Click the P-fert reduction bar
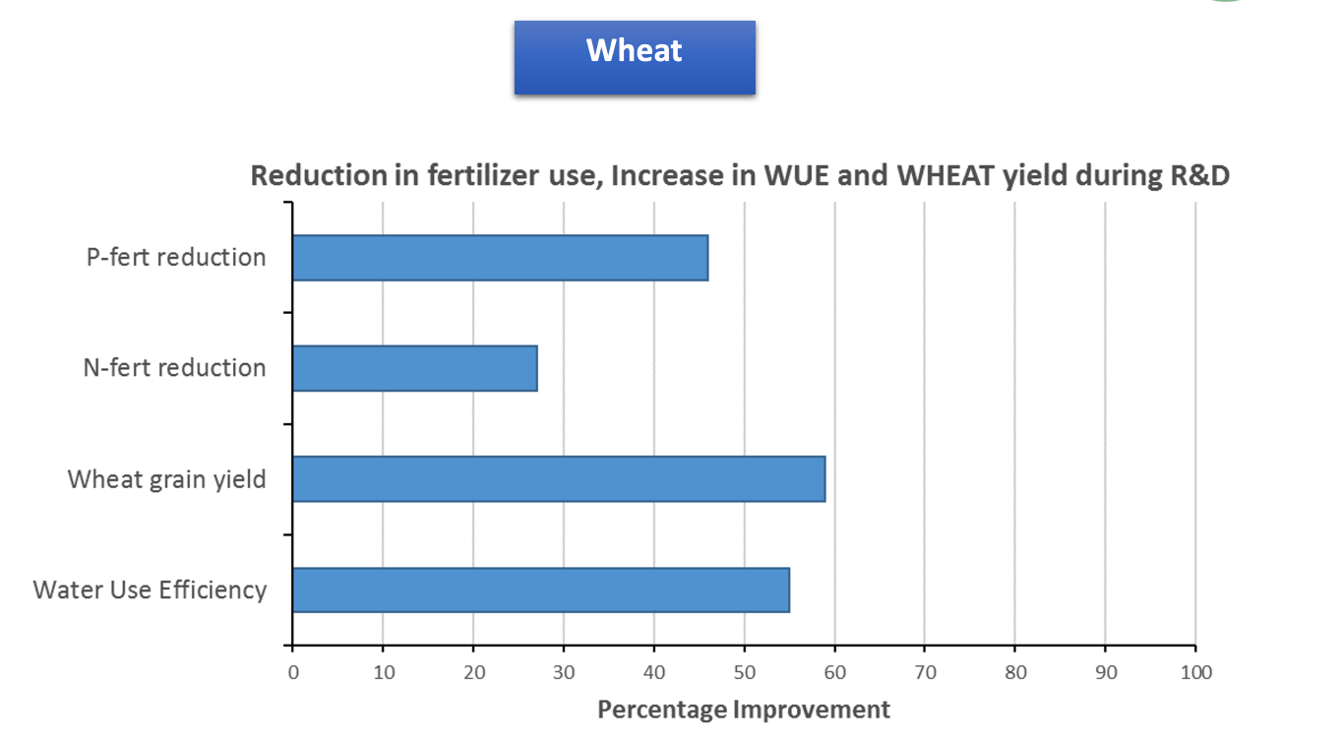pos(501,258)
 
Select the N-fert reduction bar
pos(415,369)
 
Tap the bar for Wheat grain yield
pos(560,479)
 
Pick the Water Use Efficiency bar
pos(541,590)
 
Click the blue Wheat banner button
pos(635,57)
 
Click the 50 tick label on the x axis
pos(744,673)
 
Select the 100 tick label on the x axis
pos(1195,673)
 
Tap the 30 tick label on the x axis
pos(564,673)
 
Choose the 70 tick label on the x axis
pos(925,673)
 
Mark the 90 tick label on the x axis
pos(1106,673)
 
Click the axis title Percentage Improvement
pos(744,710)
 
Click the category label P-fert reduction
pos(176,258)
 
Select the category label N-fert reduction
pos(174,368)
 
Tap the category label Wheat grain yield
pos(166,480)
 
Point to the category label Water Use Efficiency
pos(150,590)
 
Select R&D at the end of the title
pos(1200,176)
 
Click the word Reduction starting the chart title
pos(319,176)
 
